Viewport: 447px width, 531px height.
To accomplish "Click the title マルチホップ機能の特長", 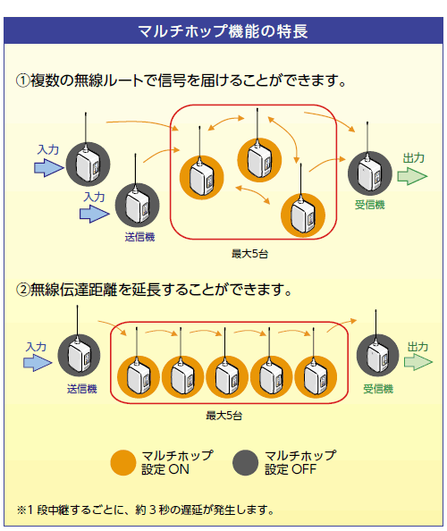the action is point(223,30).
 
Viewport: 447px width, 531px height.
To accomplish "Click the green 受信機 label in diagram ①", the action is point(370,205).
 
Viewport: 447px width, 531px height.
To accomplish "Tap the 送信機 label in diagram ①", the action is point(139,237).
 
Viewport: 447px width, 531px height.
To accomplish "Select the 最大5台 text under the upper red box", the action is point(249,254).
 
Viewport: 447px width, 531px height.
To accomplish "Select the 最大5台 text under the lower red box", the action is point(223,416).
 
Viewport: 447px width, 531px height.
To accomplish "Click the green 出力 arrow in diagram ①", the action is point(412,176).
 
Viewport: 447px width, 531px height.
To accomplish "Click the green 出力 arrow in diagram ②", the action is point(417,362).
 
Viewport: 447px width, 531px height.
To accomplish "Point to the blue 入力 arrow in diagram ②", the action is point(38,363).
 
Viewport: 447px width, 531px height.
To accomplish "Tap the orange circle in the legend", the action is point(123,462).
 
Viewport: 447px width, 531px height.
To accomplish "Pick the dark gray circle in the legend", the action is point(246,462).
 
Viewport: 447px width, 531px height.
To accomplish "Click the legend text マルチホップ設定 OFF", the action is point(300,462).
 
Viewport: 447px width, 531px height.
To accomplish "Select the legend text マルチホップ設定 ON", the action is point(177,462).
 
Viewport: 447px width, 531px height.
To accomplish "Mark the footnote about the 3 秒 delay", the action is point(146,510).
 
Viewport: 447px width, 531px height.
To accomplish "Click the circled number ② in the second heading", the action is point(23,290).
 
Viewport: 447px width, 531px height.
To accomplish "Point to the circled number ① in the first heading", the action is point(23,81).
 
